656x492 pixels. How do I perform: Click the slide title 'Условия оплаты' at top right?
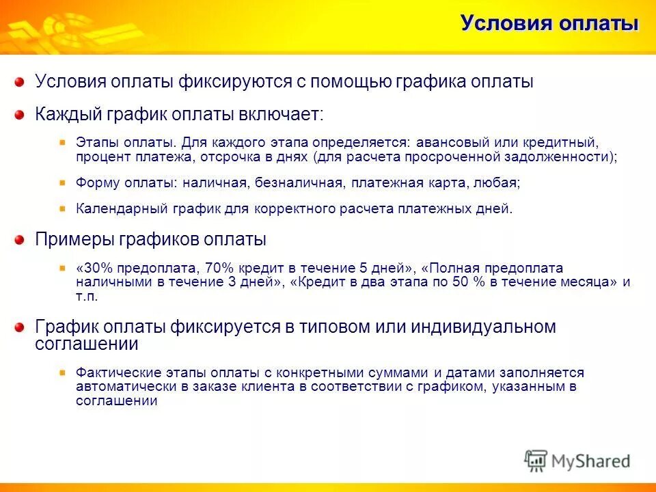pos(549,24)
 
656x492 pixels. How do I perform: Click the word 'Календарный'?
pos(114,209)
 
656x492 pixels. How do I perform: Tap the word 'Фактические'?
pos(115,373)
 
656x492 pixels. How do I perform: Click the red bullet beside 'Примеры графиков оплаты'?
pos(20,241)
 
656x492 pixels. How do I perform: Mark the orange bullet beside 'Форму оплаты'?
pos(62,183)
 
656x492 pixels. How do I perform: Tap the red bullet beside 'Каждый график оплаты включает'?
pos(20,115)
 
